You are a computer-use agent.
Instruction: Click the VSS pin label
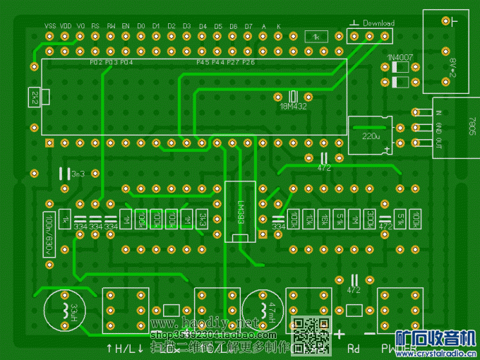50,25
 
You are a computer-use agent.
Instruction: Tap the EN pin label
126,25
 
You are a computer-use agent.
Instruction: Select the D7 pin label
248,25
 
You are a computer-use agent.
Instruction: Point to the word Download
378,23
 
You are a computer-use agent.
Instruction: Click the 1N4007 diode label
399,57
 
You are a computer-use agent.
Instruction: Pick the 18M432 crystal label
294,107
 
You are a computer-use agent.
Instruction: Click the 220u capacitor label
371,134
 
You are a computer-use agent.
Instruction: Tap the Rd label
354,348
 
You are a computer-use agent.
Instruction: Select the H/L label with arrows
124,348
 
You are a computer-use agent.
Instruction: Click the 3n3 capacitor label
78,173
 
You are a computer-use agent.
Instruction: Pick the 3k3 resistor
203,218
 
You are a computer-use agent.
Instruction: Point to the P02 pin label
97,62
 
